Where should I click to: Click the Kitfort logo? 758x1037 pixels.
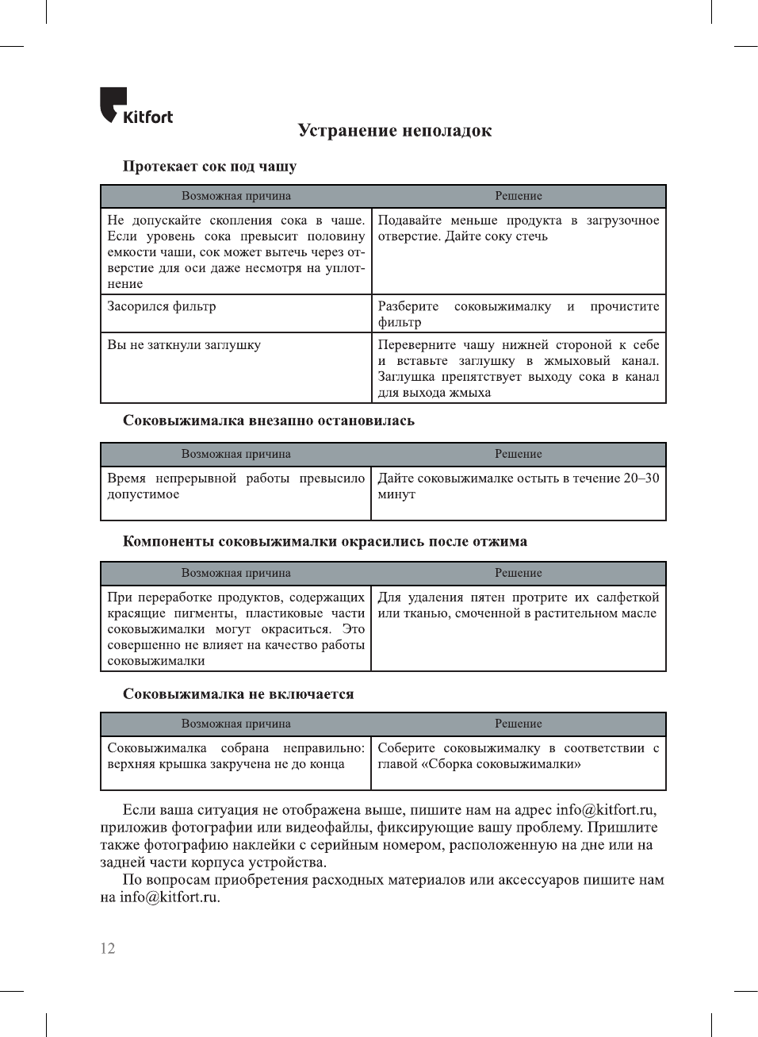136,106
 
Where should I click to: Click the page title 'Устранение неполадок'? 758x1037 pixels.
394,131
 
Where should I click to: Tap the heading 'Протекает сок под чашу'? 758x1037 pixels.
209,167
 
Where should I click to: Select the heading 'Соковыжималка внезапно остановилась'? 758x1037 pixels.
268,421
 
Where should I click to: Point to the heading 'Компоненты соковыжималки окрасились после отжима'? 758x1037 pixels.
324,542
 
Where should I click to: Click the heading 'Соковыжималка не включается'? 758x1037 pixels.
238,694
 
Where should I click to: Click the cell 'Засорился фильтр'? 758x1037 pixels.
162,307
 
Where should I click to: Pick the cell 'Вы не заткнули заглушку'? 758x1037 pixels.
184,345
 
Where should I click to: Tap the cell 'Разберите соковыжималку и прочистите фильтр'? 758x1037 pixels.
518,314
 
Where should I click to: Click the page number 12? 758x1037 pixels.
108,948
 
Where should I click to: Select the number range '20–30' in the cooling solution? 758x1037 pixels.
641,478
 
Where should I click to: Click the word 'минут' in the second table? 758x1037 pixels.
396,494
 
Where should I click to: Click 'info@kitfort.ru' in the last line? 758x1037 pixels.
169,897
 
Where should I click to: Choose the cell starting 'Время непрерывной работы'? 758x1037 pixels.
235,486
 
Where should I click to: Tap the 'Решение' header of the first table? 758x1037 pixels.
519,196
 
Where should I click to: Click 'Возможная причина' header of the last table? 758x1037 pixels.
235,724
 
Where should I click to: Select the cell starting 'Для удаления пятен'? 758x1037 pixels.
518,605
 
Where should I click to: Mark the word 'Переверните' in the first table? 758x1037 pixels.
417,345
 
